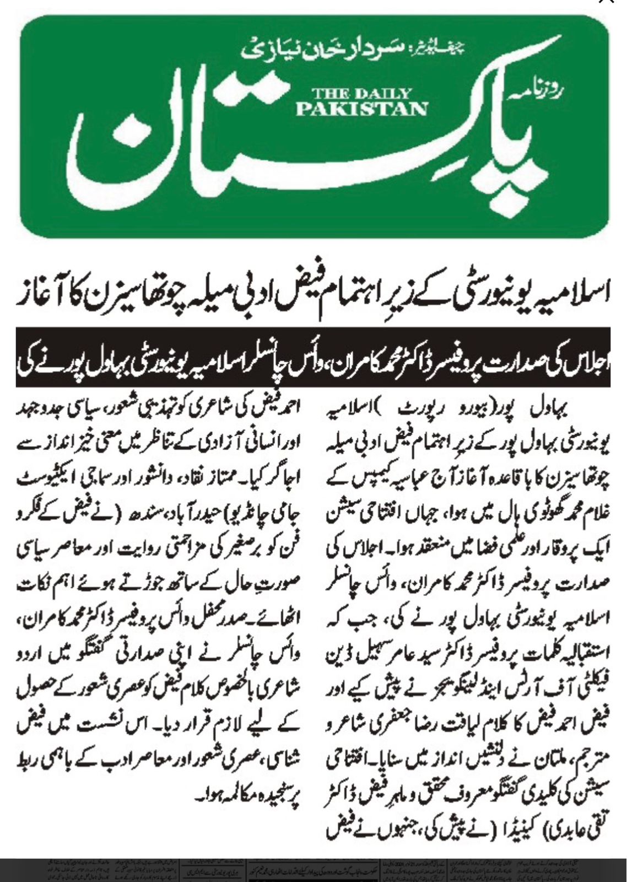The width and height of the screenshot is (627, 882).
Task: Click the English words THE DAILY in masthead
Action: tap(362, 93)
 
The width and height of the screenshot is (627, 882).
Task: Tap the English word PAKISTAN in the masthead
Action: tap(362, 108)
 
